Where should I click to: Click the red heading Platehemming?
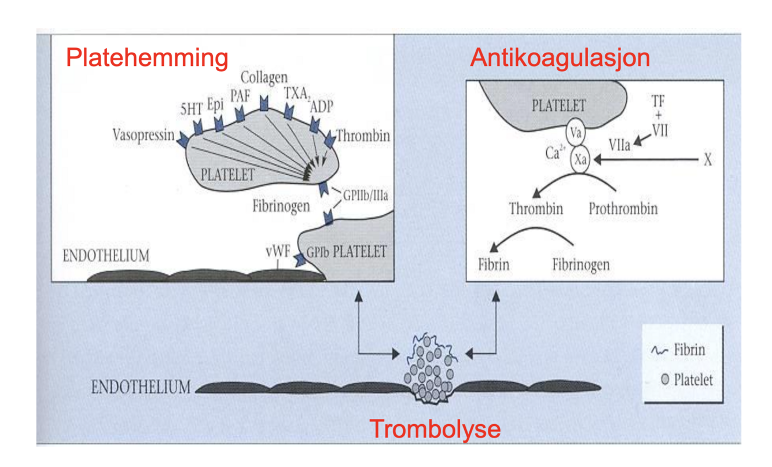point(147,58)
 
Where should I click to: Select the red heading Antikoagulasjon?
point(560,58)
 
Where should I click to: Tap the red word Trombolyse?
point(435,429)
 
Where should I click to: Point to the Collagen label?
point(264,77)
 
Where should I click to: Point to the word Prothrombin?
point(623,208)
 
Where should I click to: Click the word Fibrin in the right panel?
point(494,266)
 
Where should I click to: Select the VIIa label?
point(619,146)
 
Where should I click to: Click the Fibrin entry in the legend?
point(688,350)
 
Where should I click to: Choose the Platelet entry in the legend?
point(692,380)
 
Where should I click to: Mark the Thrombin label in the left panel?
point(363,137)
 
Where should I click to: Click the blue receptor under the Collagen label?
point(264,104)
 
